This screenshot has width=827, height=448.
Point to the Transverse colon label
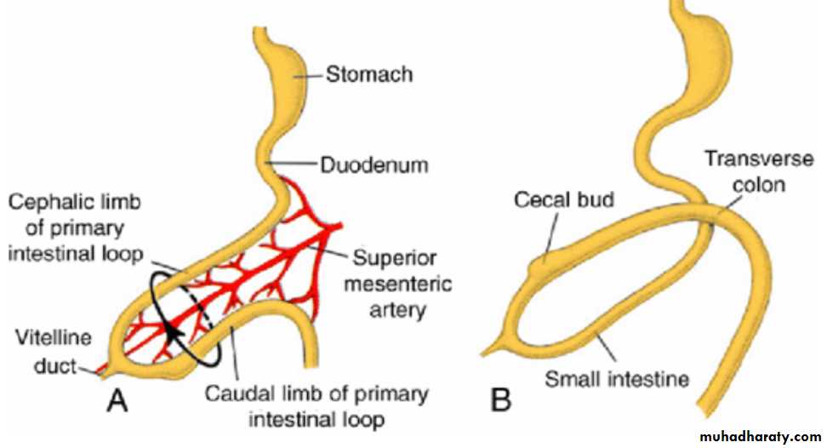[744, 170]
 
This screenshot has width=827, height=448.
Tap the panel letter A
[117, 399]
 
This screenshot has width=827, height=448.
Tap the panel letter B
[501, 399]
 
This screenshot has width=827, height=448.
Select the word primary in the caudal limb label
[388, 394]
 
